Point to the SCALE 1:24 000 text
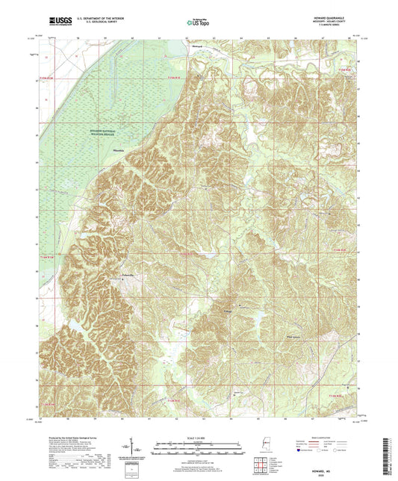click(199, 436)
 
